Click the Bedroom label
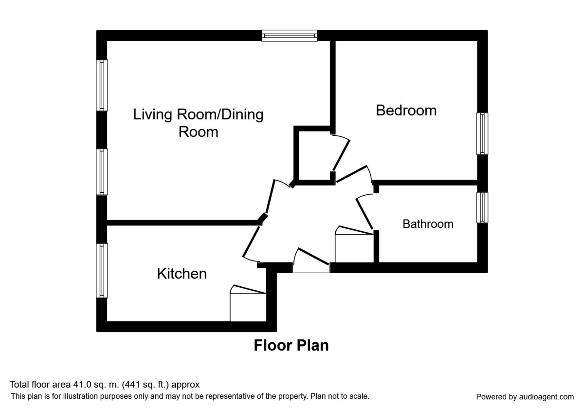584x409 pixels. (x=406, y=111)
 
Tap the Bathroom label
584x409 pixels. (x=428, y=224)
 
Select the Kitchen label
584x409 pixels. (x=182, y=274)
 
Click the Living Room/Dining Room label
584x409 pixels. (x=199, y=123)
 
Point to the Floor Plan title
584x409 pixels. (x=291, y=345)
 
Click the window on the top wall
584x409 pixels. (x=290, y=36)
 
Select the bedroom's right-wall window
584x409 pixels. (x=482, y=133)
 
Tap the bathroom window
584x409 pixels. (x=482, y=207)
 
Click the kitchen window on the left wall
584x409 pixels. (x=102, y=271)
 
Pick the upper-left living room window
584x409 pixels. (x=102, y=85)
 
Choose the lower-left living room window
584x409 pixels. (x=102, y=171)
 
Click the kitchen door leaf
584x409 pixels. (x=251, y=242)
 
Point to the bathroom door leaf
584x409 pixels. (x=365, y=214)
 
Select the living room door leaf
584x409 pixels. (x=270, y=196)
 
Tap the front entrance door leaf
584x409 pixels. (x=313, y=256)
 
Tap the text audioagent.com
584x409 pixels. (x=547, y=397)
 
